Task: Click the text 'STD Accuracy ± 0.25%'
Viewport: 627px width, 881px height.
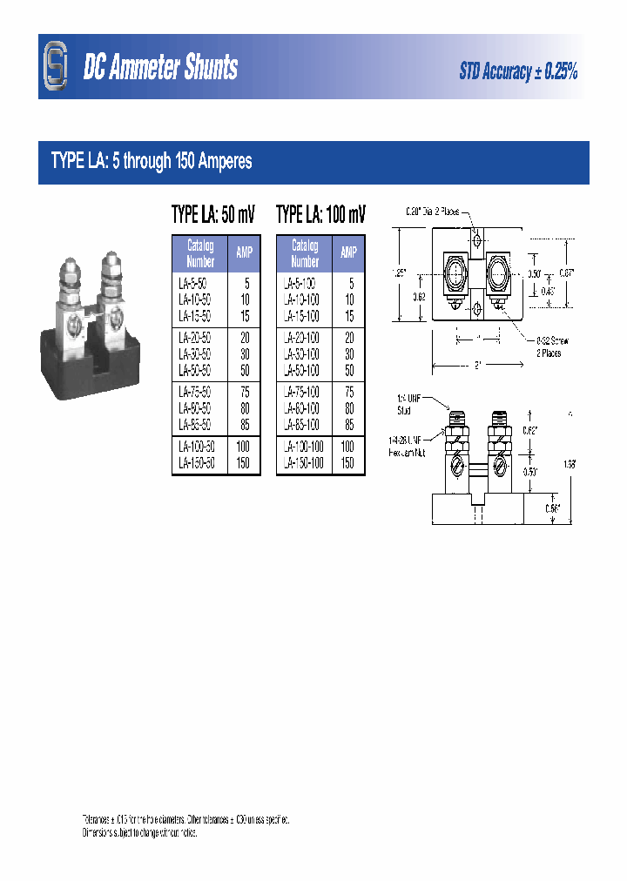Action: click(518, 72)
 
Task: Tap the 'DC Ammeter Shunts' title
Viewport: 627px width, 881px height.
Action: click(160, 69)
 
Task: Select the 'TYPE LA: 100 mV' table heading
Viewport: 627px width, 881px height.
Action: click(320, 215)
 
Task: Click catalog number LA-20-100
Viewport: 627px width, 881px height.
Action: click(301, 337)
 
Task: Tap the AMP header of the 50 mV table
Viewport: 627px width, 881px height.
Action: click(244, 253)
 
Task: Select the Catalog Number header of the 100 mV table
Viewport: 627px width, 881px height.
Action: click(304, 253)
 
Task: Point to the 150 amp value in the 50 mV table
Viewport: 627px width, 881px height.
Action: click(243, 464)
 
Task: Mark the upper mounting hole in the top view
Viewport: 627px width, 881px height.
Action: click(476, 239)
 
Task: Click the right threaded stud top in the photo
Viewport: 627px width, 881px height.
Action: click(110, 259)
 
